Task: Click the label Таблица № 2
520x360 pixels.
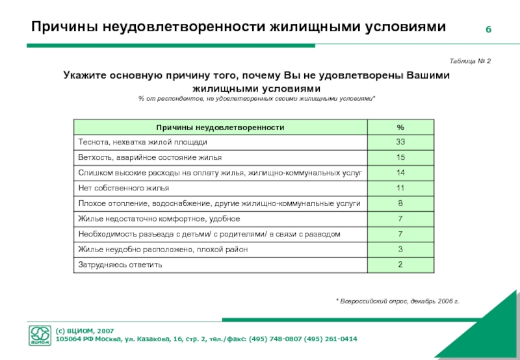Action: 470,60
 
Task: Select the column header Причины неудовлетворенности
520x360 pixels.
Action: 220,127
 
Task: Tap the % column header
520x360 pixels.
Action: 400,127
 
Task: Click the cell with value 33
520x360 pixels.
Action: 400,142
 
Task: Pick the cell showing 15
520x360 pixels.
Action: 400,157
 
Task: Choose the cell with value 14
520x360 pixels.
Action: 400,172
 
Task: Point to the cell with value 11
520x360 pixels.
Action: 400,188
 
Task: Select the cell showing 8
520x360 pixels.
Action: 400,203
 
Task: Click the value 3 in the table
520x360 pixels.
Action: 400,249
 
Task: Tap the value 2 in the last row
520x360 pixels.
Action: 400,264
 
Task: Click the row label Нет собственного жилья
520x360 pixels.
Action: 123,188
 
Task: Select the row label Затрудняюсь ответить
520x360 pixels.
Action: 120,264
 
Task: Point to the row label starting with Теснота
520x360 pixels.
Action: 143,142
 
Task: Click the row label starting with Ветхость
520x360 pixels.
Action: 149,157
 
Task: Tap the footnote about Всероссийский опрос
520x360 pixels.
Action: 397,302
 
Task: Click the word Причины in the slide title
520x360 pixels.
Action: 64,27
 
